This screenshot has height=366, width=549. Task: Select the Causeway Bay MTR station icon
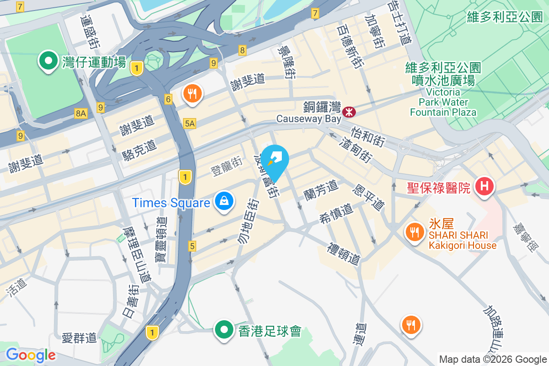point(349,111)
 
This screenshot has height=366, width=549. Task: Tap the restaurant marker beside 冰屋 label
point(414,232)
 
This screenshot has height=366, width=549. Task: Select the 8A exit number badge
point(81,113)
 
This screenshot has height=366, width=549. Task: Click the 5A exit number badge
point(189,123)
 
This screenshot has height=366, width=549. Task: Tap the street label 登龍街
point(226,167)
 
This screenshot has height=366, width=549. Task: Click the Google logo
point(30,355)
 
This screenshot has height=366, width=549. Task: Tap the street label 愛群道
point(80,338)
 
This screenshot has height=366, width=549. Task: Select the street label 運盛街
point(90,32)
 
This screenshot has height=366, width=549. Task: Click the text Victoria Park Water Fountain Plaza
point(443,102)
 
